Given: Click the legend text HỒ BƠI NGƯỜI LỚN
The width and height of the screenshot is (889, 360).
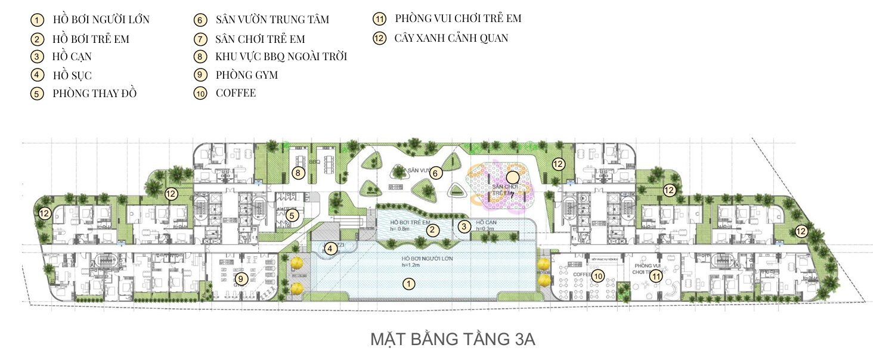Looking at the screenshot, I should (101, 20).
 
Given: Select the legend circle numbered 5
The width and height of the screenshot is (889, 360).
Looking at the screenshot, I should (37, 94).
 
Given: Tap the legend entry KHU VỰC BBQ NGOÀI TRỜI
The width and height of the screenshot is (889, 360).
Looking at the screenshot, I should (281, 57).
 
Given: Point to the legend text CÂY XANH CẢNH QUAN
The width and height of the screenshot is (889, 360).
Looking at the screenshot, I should (451, 38).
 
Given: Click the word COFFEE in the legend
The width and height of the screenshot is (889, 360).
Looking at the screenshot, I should (236, 93).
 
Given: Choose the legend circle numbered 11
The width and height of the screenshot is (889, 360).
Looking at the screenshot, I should (379, 18).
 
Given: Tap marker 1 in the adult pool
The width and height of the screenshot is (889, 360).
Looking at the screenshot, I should (408, 284).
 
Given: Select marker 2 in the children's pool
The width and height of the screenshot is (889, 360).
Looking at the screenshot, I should (433, 229).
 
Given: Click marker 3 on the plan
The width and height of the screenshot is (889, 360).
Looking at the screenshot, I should (464, 226).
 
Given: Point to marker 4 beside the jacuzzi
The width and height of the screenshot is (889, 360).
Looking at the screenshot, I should (330, 248).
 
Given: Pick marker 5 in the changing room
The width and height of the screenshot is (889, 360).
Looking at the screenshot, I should (292, 216).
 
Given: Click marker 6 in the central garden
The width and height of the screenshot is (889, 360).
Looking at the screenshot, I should (435, 173).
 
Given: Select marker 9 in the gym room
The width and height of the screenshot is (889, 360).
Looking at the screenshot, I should (240, 278).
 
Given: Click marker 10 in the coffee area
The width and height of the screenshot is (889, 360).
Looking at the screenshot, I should (598, 275).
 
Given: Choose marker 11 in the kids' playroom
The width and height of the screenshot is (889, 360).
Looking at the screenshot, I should (656, 276).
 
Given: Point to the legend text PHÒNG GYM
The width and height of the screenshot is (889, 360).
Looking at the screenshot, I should (246, 75).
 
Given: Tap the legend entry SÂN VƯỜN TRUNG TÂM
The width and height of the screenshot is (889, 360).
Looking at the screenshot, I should (272, 20).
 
